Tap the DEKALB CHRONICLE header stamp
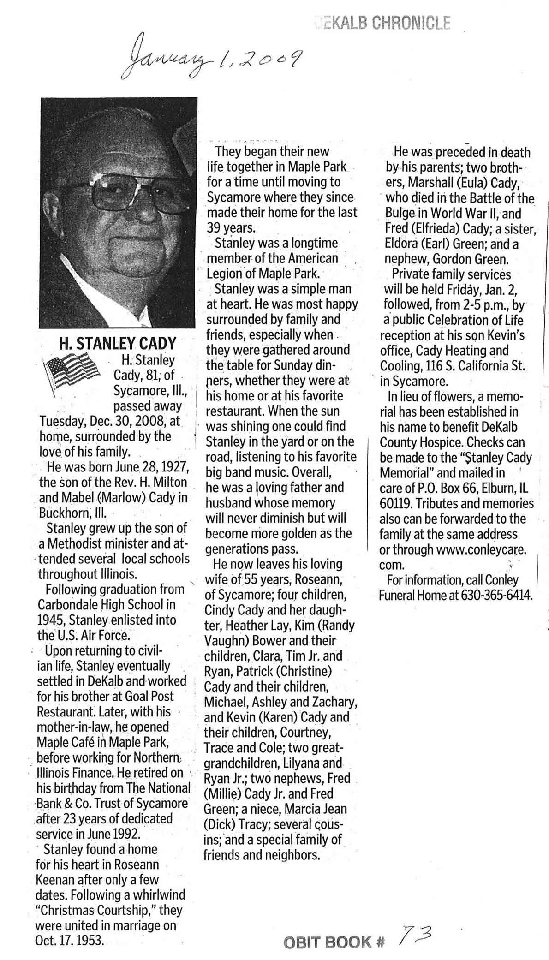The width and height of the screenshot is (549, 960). tap(382, 22)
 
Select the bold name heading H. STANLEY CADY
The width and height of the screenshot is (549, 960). tap(117, 343)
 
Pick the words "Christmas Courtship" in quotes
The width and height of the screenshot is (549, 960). tap(104, 910)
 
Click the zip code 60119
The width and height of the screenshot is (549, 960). tap(397, 503)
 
